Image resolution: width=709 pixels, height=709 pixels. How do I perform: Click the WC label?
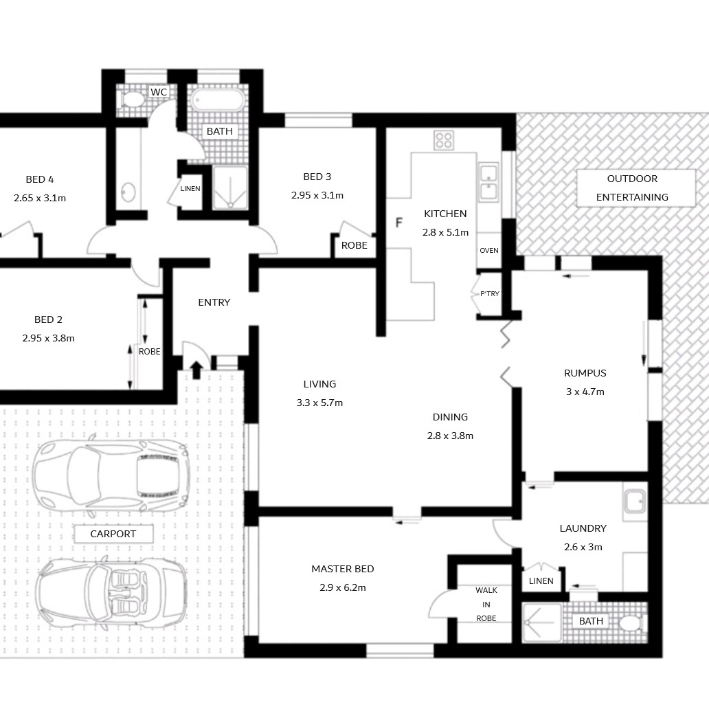(x=158, y=92)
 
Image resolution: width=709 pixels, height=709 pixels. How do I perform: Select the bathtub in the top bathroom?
(x=218, y=100)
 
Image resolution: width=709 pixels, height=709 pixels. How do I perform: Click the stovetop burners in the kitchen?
(x=444, y=140)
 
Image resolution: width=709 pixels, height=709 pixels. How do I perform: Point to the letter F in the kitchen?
(x=398, y=223)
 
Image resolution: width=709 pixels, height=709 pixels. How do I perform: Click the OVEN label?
(x=488, y=251)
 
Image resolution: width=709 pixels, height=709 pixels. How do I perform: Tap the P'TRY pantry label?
(x=490, y=294)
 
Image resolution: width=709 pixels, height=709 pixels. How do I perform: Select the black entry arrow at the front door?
(x=196, y=370)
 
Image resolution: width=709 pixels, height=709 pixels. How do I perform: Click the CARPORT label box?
(x=113, y=534)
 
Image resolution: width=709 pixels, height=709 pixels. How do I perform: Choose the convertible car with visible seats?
(x=111, y=593)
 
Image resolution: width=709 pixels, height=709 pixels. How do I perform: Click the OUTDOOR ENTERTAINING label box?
(x=635, y=188)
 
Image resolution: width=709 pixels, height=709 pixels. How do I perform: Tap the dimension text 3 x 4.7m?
(x=585, y=392)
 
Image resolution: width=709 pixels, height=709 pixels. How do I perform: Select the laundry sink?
(x=635, y=502)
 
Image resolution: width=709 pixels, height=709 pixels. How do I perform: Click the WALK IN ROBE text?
(x=486, y=604)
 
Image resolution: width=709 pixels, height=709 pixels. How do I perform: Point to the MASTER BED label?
(x=343, y=569)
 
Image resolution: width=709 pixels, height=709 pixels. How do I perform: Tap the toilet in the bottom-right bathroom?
(x=631, y=624)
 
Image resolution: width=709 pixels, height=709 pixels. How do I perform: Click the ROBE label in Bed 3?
(x=354, y=245)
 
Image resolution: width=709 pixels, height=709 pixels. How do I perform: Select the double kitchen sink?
(x=488, y=182)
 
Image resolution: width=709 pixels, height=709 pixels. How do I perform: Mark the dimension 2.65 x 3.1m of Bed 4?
(x=40, y=198)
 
